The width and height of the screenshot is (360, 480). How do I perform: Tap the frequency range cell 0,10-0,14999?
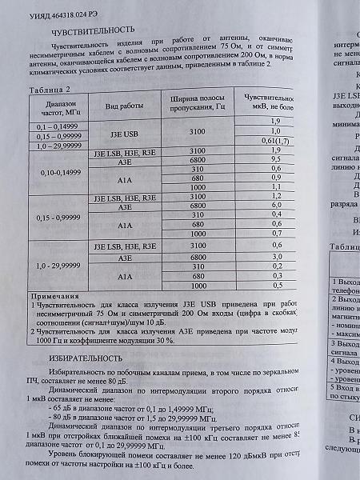(x=53, y=171)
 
